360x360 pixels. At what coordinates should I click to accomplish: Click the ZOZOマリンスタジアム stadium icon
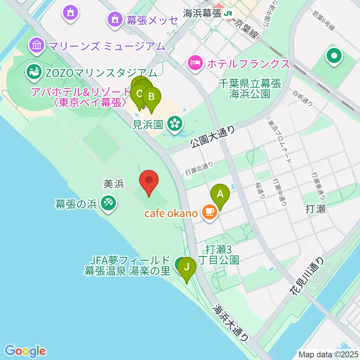pyautogui.click(x=34, y=72)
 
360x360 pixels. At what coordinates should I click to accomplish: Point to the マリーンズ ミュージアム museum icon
pyautogui.click(x=37, y=46)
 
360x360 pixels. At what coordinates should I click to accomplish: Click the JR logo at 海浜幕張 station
pyautogui.click(x=228, y=14)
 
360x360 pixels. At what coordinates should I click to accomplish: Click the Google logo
pyautogui.click(x=25, y=351)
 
